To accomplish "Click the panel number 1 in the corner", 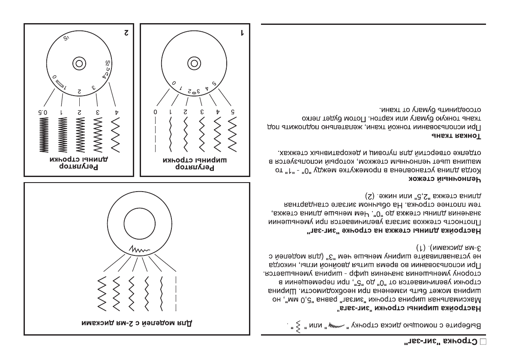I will pos(242,33).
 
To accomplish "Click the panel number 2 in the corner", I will pos(126,33).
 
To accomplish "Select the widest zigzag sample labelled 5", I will pos(233,133).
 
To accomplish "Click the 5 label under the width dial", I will pos(233,112).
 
